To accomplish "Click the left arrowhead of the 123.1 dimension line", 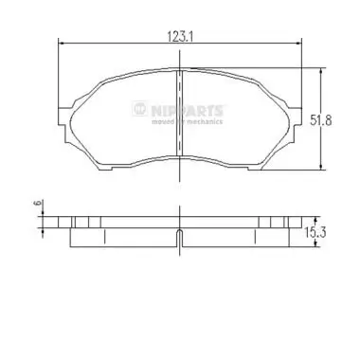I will [63, 44].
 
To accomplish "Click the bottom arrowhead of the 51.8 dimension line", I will [324, 168].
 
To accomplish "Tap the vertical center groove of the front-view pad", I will [180, 114].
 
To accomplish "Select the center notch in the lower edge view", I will [180, 236].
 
